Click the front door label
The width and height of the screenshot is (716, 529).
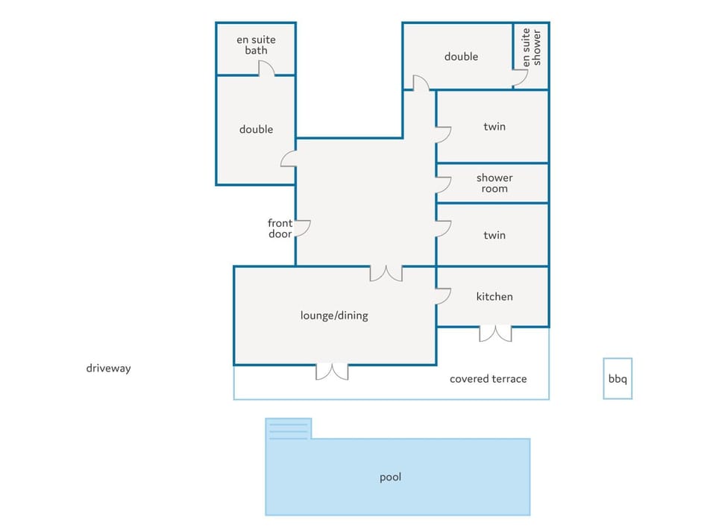[280, 228]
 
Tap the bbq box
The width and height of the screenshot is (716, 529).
[618, 379]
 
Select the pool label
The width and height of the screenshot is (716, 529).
[390, 478]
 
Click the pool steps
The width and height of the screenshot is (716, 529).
[289, 429]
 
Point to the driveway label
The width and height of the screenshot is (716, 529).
[109, 368]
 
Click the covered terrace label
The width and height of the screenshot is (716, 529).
[488, 379]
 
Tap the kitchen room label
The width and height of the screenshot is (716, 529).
[494, 296]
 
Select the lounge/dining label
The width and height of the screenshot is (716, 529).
[334, 316]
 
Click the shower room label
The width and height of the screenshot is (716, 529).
[494, 184]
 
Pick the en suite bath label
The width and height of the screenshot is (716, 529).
[256, 45]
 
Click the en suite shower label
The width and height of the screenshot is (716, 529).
[532, 48]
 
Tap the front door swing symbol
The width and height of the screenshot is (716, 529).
[303, 228]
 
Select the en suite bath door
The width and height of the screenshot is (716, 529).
[267, 69]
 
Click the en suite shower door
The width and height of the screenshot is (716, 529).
[520, 78]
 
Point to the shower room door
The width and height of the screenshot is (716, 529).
[443, 185]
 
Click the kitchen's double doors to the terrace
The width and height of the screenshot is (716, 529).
[495, 334]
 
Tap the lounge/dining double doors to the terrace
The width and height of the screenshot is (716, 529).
[332, 372]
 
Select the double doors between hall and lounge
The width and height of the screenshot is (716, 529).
[386, 273]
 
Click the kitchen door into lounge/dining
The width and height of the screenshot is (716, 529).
[443, 296]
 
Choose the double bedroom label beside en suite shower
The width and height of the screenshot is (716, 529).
[461, 57]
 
